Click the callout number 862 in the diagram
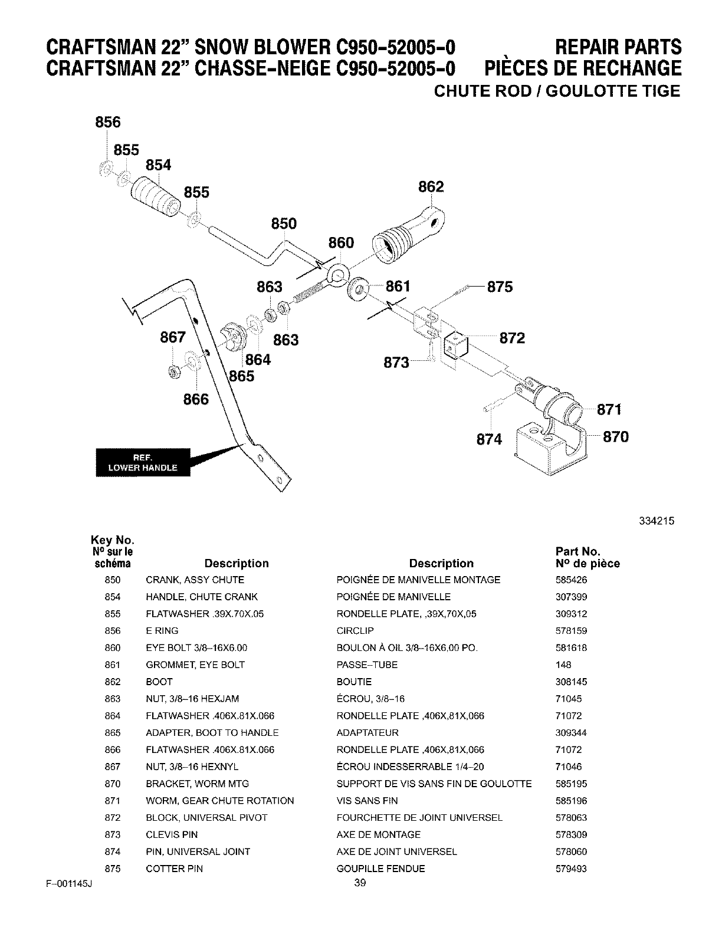[431, 187]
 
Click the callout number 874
[489, 439]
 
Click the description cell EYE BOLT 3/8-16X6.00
[196, 648]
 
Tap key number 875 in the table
[112, 869]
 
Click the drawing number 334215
[656, 521]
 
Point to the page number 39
[360, 883]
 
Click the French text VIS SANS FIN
[367, 801]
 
